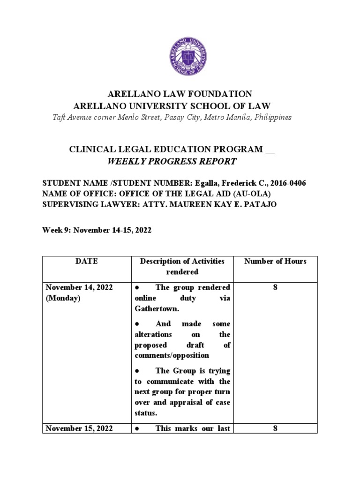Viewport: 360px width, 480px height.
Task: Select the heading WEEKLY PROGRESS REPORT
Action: click(x=172, y=162)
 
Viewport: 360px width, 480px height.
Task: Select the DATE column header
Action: click(x=86, y=262)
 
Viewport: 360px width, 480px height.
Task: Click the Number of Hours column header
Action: click(x=275, y=262)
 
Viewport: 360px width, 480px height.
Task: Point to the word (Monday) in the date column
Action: click(x=63, y=298)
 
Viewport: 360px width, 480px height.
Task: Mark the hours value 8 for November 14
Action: click(x=275, y=287)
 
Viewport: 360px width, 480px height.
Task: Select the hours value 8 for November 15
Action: click(x=275, y=428)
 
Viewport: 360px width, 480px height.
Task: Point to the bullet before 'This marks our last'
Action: click(x=137, y=428)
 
